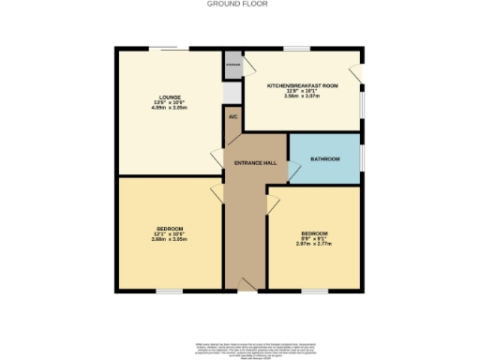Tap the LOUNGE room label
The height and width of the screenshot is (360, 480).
tap(170, 97)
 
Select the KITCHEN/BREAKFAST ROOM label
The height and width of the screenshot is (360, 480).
tap(303, 85)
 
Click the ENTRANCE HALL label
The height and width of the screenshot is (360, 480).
tap(255, 163)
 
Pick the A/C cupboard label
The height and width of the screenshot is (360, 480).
tap(233, 117)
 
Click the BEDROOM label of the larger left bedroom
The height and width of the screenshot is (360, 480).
tap(170, 229)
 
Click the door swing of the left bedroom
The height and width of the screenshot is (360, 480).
tap(217, 191)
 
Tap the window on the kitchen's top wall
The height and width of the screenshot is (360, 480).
tap(298, 48)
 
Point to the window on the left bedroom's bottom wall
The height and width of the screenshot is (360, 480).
tap(169, 291)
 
